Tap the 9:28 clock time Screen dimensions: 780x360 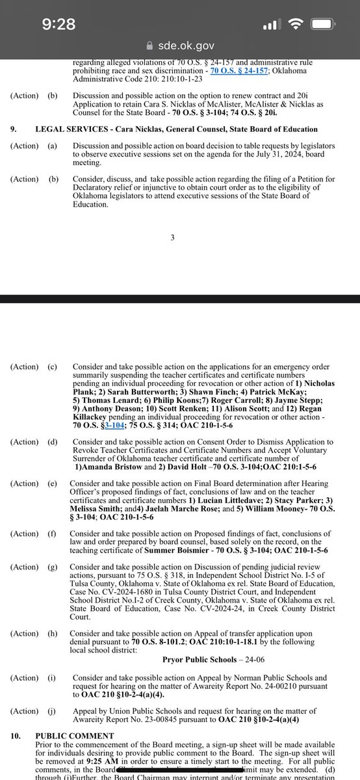[58, 24]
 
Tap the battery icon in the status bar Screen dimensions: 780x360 [329, 25]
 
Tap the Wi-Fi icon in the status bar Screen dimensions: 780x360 [298, 25]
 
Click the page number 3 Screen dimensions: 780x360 [173, 237]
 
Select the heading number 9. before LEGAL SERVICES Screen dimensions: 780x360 [14, 129]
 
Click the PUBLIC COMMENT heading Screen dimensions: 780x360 [71, 736]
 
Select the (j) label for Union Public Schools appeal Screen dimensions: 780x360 [52, 709]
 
